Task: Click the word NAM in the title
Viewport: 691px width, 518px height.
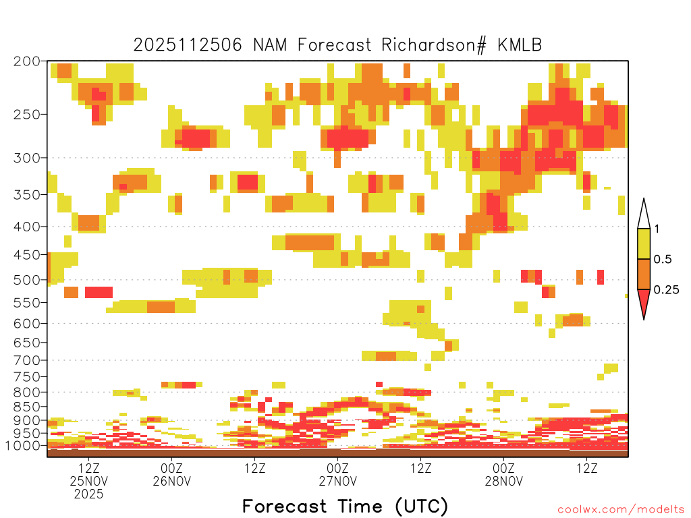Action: point(275,45)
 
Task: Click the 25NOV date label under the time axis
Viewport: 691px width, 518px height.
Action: point(89,481)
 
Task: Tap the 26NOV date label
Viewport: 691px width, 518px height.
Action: point(172,481)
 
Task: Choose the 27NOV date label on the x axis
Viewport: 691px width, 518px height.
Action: point(337,481)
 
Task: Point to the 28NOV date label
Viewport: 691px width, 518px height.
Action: point(504,481)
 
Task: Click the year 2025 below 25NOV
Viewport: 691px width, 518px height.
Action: point(89,494)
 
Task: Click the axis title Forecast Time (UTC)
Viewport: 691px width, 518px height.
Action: point(345,506)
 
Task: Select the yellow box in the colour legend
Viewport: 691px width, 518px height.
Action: point(644,244)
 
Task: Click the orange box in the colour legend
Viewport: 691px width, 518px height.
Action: point(644,275)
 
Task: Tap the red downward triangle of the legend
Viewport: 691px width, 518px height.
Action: point(644,302)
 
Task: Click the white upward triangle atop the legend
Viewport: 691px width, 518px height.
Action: point(644,214)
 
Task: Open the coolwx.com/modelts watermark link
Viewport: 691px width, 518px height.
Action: point(620,509)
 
